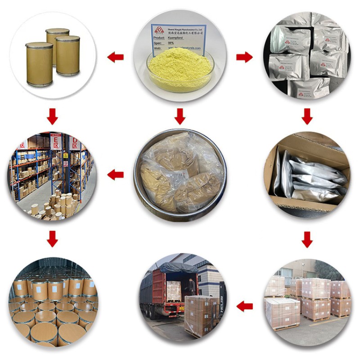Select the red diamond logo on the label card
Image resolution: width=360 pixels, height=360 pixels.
158,31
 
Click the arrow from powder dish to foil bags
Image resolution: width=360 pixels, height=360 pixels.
244,57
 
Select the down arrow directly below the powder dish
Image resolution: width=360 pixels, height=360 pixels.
180,117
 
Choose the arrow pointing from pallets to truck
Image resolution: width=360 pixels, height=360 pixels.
244,306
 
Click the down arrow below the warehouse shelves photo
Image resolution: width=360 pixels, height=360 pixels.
53,238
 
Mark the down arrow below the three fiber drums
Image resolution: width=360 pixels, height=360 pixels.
53,117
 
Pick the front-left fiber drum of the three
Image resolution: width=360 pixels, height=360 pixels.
39,64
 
